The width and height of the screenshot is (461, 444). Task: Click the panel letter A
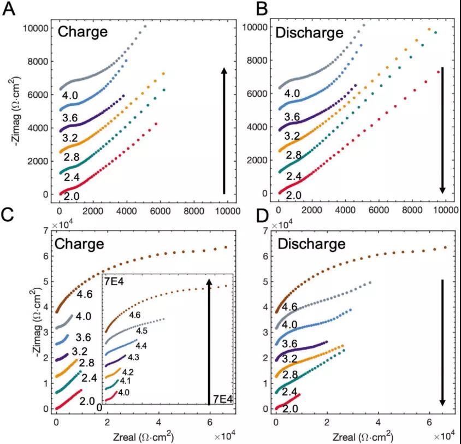pyautogui.click(x=9, y=9)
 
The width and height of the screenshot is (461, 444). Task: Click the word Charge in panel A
pyautogui.click(x=82, y=32)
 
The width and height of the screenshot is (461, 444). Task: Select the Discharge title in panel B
pyautogui.click(x=309, y=32)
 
